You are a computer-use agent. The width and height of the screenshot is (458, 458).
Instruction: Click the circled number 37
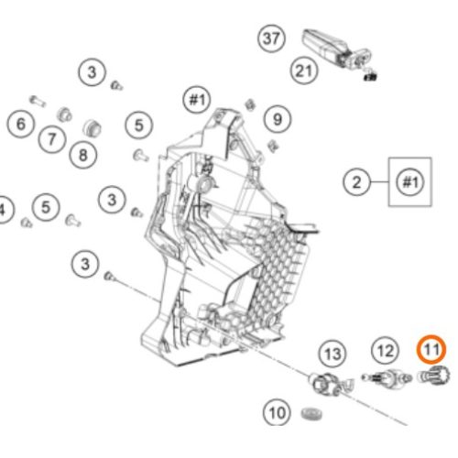(271, 38)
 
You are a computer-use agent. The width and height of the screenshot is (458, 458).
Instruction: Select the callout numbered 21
(304, 71)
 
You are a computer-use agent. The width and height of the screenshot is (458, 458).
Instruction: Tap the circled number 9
(278, 119)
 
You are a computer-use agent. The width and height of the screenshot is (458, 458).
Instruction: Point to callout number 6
(21, 124)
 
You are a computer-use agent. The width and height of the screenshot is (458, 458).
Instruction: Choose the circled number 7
(52, 139)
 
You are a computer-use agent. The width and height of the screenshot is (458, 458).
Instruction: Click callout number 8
(83, 155)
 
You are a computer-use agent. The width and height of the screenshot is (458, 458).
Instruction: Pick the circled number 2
(356, 182)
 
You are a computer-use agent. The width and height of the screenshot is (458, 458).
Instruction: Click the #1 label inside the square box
(410, 182)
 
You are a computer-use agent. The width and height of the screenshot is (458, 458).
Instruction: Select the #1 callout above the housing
(197, 100)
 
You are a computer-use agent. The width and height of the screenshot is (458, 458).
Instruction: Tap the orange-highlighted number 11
(431, 350)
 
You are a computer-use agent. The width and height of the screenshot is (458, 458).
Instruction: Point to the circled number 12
(385, 351)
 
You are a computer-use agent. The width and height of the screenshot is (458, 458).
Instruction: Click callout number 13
(333, 354)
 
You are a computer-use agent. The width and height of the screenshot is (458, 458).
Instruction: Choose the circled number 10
(277, 413)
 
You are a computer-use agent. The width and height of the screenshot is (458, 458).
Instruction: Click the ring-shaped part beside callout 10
(311, 414)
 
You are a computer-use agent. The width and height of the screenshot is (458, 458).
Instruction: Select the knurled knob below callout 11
(434, 376)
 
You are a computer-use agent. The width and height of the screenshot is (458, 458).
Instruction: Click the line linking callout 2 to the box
(379, 182)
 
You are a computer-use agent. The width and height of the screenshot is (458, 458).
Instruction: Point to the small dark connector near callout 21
(370, 75)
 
